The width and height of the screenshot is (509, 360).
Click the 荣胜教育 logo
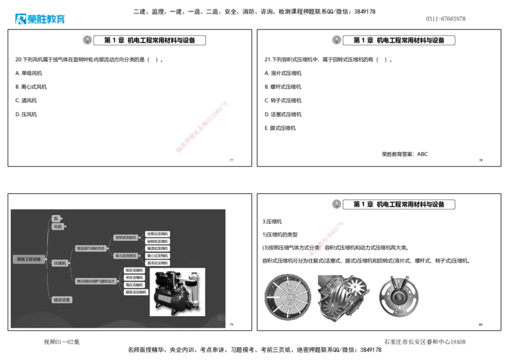(x=39, y=19)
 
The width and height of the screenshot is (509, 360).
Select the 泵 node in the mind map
(x=56, y=218)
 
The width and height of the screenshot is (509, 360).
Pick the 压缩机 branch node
(x=60, y=262)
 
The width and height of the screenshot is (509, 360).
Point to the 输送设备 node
(x=62, y=300)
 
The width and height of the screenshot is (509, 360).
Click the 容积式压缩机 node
(x=125, y=237)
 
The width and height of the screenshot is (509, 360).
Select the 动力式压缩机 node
(x=125, y=255)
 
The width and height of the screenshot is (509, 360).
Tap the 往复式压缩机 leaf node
(x=157, y=233)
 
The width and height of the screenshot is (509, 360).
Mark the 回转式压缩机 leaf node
(x=157, y=241)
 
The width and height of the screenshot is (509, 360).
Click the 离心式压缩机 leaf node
(x=157, y=256)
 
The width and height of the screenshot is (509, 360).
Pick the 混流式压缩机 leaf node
(x=157, y=263)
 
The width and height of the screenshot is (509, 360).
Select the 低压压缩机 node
(x=135, y=270)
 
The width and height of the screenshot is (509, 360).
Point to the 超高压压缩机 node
(x=136, y=292)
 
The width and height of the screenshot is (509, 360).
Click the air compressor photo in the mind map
(x=177, y=292)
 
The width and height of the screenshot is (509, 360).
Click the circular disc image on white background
(x=399, y=296)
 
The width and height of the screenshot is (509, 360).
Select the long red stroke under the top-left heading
(x=201, y=127)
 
